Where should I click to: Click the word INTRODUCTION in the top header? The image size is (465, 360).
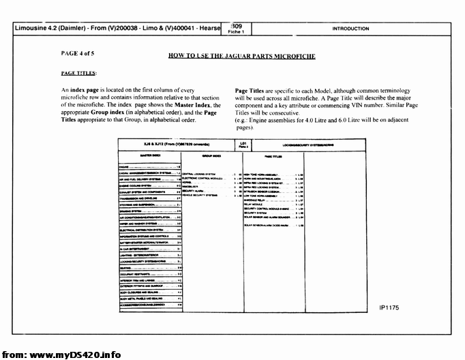pos(350,29)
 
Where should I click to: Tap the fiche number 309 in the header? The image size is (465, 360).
pos(236,26)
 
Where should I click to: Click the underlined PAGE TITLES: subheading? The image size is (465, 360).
pos(78,72)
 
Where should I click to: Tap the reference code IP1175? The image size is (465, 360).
pos(389,307)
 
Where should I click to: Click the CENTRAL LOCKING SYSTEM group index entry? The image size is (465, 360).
pos(198,173)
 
